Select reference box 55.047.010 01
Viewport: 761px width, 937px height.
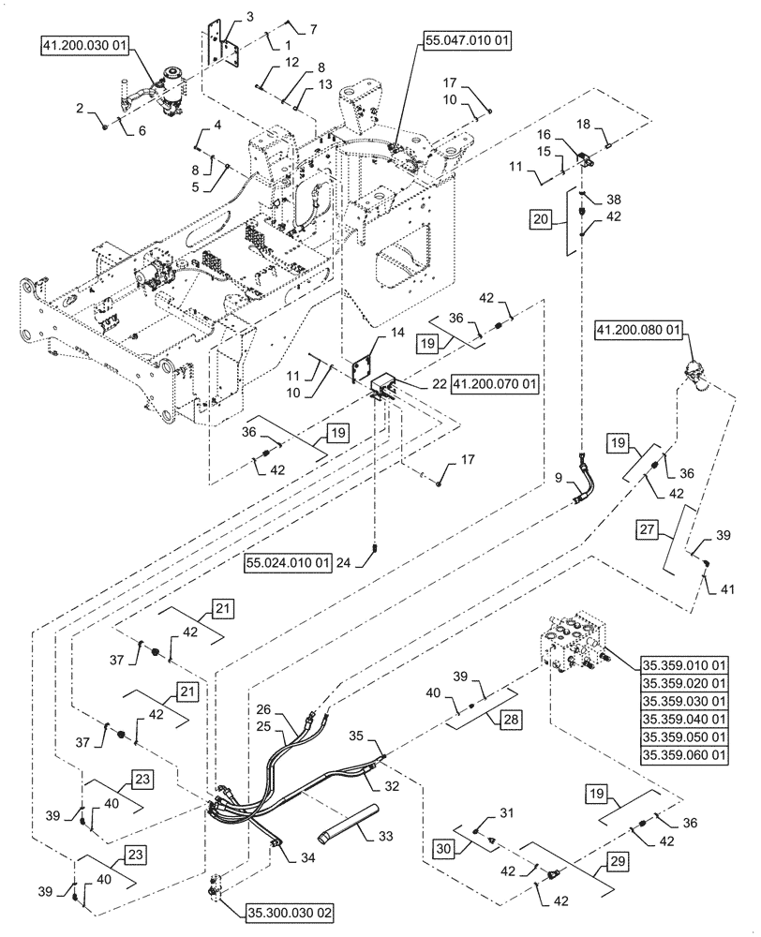(x=466, y=40)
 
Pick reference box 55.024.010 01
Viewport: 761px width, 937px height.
(x=289, y=562)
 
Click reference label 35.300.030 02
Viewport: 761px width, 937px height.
(x=291, y=911)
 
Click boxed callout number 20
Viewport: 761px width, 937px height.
(x=541, y=219)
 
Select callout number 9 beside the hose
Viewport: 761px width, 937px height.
(x=559, y=480)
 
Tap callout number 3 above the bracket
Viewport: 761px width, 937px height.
(x=223, y=17)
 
